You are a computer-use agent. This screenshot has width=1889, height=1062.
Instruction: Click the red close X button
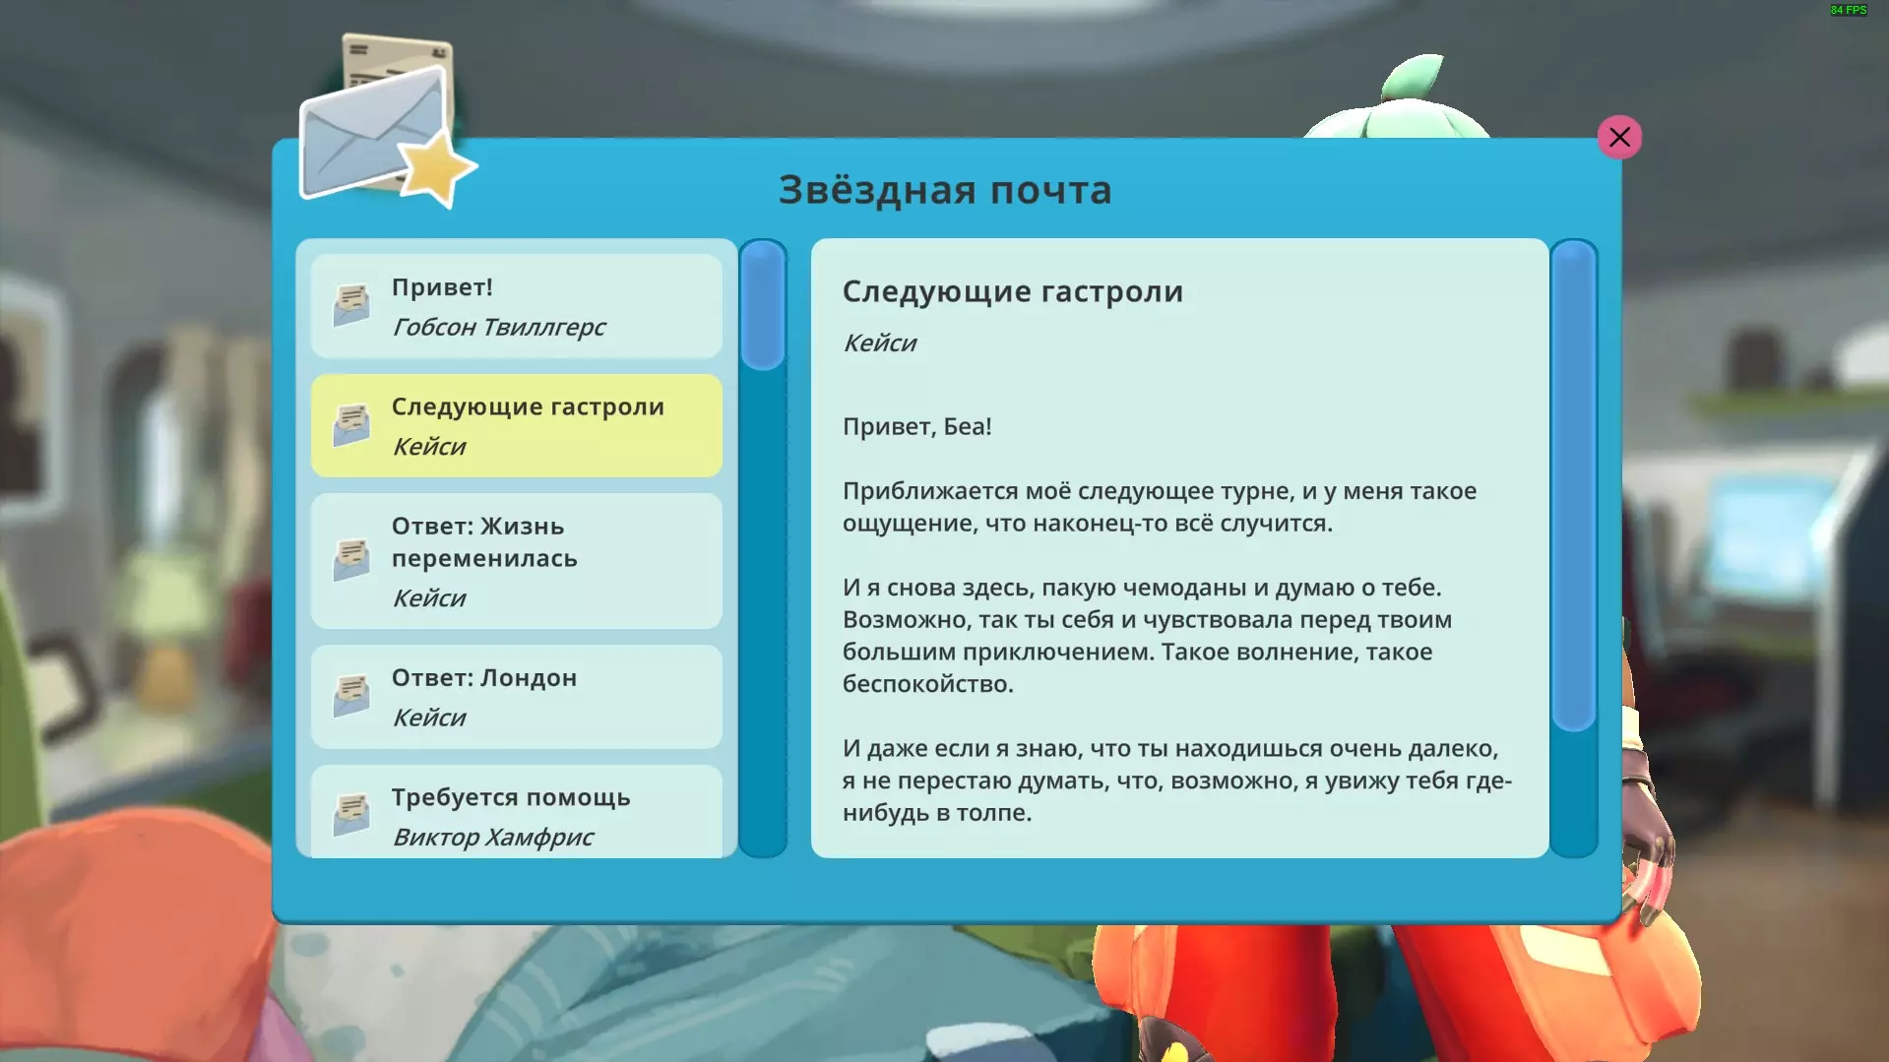coord(1619,137)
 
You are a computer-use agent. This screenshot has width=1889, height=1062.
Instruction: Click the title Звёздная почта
coord(945,189)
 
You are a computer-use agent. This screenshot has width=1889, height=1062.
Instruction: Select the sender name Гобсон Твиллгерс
coord(498,327)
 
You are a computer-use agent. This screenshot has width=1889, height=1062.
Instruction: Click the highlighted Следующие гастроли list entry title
coord(528,406)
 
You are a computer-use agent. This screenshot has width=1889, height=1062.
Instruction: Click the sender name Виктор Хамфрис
coord(492,837)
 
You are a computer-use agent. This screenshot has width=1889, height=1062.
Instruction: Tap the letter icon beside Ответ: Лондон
coord(351,696)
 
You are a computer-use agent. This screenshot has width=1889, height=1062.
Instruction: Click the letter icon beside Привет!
coord(351,305)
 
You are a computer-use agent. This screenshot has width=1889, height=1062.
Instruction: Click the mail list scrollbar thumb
coord(763,305)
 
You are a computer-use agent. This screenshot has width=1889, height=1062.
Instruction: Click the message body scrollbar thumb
coord(1573,486)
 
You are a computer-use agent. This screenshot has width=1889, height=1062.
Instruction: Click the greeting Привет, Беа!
coord(916,426)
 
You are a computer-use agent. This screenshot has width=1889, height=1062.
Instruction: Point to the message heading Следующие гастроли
coord(1012,291)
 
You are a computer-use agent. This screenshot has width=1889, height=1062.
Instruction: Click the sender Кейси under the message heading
coord(879,343)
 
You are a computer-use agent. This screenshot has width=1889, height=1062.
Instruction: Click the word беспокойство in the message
coord(927,684)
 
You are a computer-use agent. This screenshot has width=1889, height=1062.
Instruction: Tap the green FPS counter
coord(1849,10)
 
